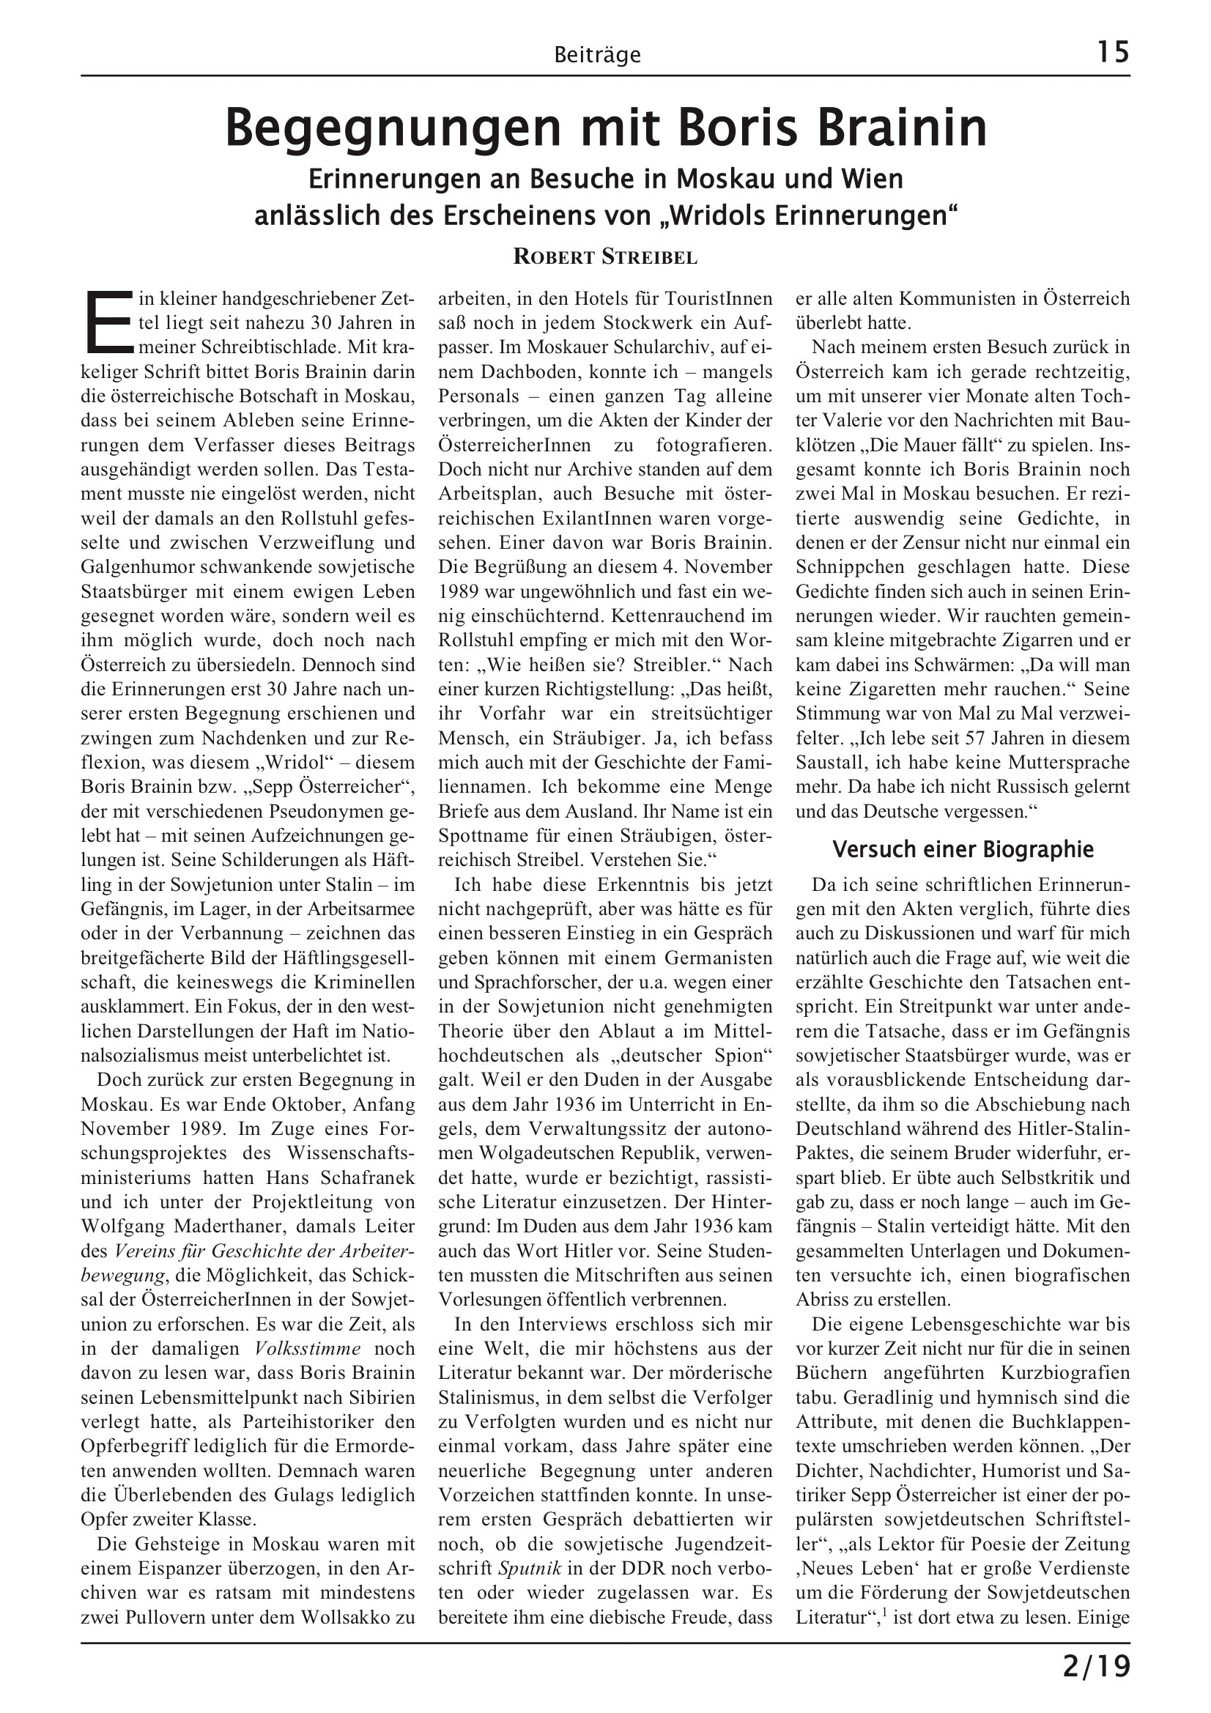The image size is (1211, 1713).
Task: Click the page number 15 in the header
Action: point(1113,52)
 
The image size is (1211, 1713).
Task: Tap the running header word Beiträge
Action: point(598,55)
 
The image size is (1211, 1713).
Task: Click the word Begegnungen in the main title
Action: point(393,129)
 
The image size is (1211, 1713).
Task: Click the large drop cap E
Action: point(109,321)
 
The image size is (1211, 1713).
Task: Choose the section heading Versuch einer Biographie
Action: point(963,849)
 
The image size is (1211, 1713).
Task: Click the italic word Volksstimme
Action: point(308,1348)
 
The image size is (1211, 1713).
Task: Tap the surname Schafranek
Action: point(366,1177)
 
